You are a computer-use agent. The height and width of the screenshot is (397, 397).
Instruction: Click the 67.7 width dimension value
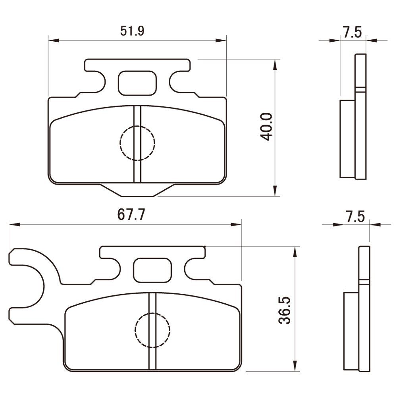tap(131, 216)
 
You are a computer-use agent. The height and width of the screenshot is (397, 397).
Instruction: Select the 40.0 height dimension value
tap(266, 127)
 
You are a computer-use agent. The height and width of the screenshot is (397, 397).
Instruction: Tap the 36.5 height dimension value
tap(285, 310)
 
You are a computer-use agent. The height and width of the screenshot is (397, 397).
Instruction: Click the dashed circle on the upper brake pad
tap(137, 143)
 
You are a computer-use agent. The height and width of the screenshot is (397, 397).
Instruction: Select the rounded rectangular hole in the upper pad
tap(137, 83)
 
